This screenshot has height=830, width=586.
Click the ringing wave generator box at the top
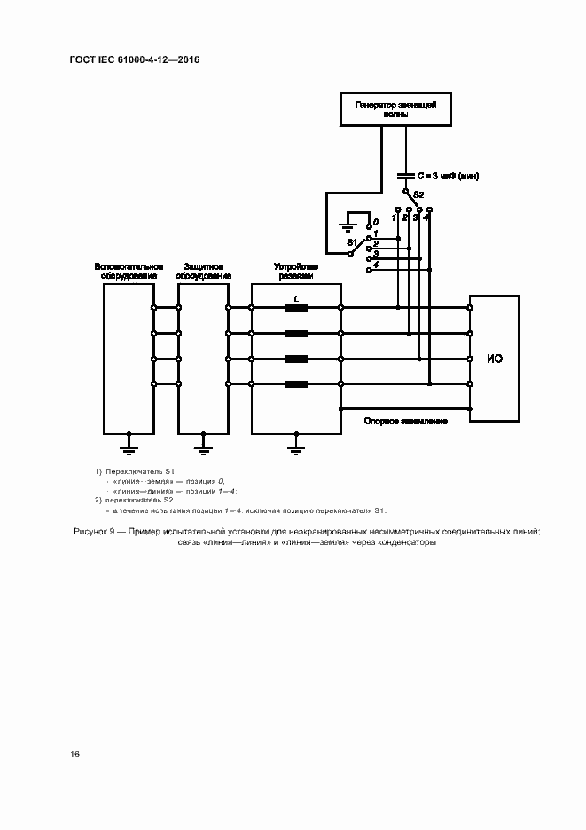[x=395, y=110]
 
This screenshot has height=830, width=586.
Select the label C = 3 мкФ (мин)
[x=448, y=176]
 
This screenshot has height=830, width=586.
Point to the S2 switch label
[x=418, y=194]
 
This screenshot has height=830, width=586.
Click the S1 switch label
[x=351, y=241]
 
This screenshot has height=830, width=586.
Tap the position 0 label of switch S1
[x=376, y=221]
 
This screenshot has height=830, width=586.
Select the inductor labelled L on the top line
[x=295, y=308]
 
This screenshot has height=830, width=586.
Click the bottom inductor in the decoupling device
[x=295, y=383]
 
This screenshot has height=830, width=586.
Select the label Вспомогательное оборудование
[x=129, y=271]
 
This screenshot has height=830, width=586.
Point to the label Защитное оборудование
[x=203, y=271]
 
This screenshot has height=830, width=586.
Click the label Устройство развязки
[x=295, y=271]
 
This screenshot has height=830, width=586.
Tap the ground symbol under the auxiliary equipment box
[x=129, y=441]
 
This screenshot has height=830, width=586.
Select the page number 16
[x=75, y=754]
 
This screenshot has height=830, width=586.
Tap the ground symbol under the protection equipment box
[x=203, y=441]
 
